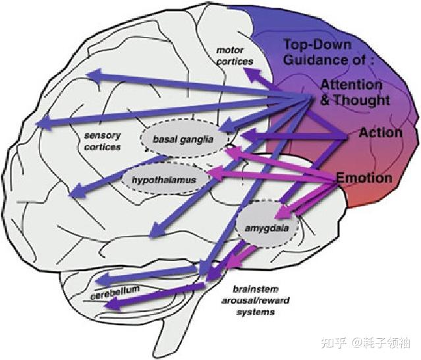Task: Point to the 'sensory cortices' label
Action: pos(102,141)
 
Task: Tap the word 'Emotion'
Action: pos(364,178)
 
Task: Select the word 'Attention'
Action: pos(351,85)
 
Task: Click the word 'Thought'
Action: pos(362,101)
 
